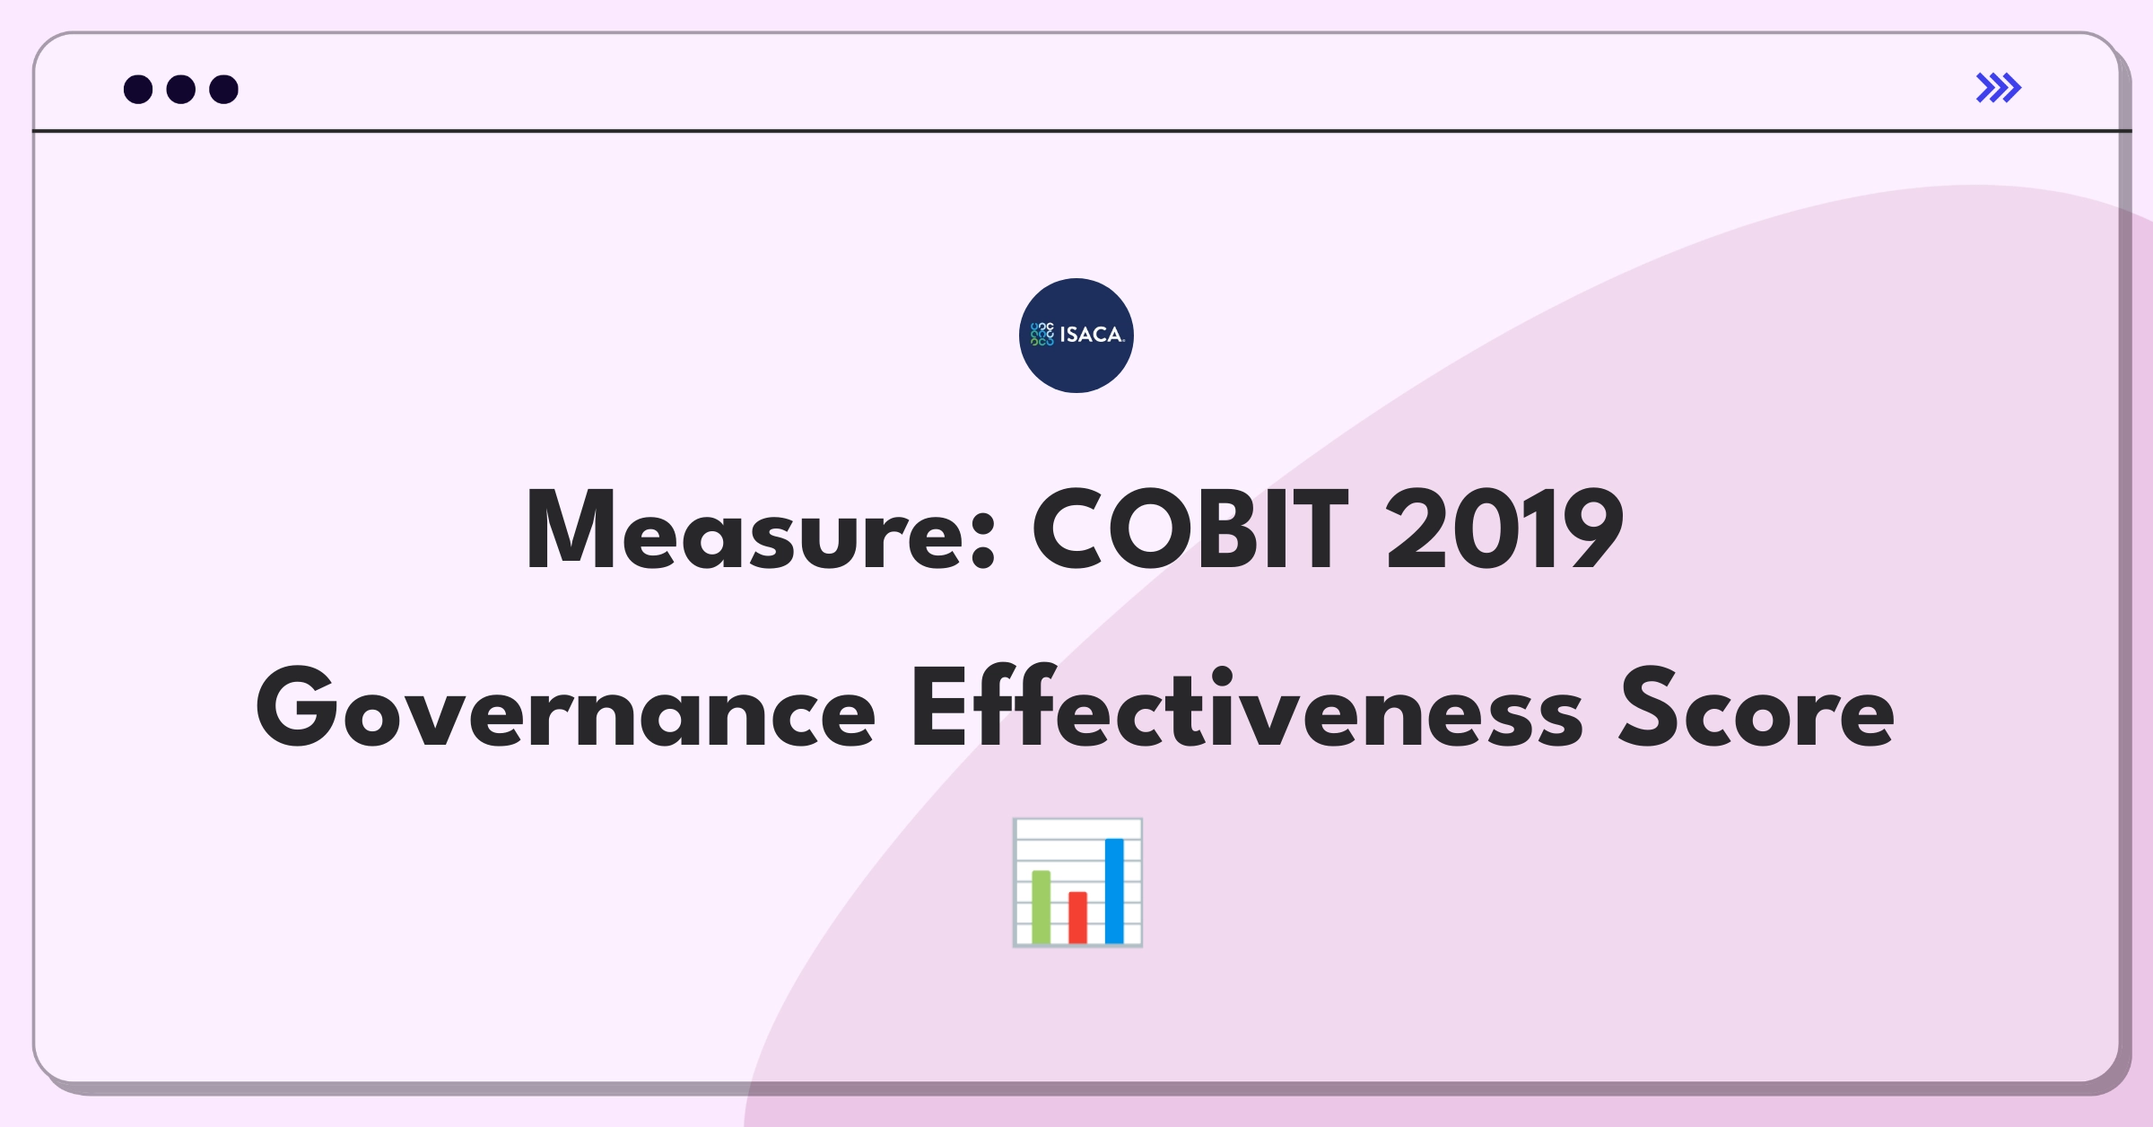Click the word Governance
pyautogui.click(x=565, y=709)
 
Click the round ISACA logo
pyautogui.click(x=1076, y=336)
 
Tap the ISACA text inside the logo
pyautogui.click(x=1091, y=335)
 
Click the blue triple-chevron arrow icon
pyautogui.click(x=1998, y=88)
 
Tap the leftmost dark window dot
pyautogui.click(x=138, y=90)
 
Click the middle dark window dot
pyautogui.click(x=181, y=90)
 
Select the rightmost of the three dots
pyautogui.click(x=223, y=90)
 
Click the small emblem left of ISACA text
pyautogui.click(x=1042, y=335)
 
